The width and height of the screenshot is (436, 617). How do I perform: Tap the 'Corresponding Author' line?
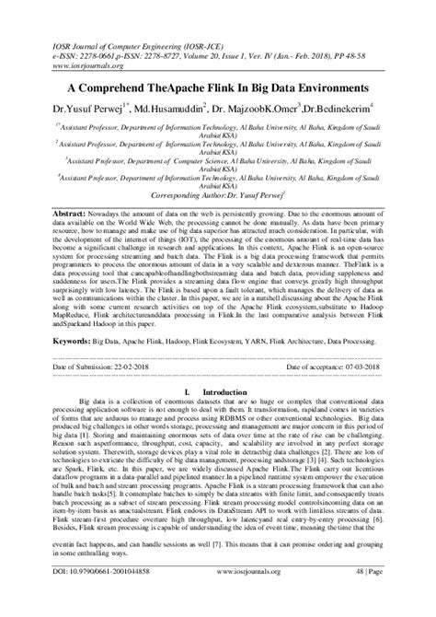(219, 197)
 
